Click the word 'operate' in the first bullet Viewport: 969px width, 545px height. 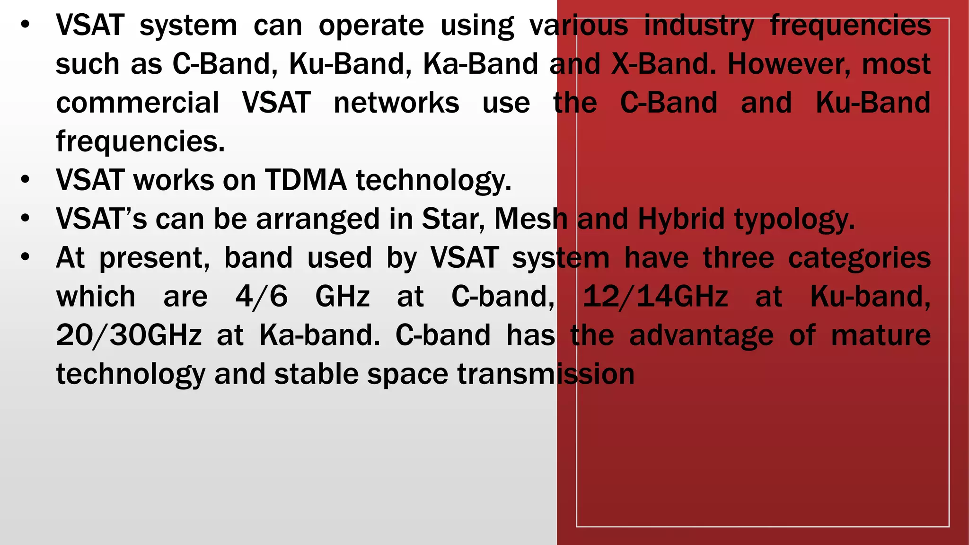click(x=371, y=26)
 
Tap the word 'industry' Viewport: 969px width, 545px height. click(x=699, y=26)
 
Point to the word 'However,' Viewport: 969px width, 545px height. click(x=789, y=64)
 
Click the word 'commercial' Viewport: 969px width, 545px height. click(x=138, y=103)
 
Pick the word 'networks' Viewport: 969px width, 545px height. click(x=396, y=103)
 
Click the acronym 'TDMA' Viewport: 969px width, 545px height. click(x=306, y=181)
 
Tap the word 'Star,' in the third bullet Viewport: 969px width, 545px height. click(x=453, y=220)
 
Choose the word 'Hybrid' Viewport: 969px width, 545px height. click(x=681, y=220)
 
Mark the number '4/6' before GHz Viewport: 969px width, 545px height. click(x=261, y=297)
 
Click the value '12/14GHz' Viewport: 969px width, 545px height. click(x=655, y=297)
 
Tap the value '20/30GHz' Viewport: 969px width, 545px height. click(x=129, y=336)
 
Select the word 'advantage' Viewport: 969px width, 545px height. click(x=701, y=336)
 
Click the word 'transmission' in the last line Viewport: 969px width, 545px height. click(x=546, y=375)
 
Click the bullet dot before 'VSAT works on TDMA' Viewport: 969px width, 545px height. click(x=26, y=180)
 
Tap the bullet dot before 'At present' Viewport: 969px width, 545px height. click(x=26, y=258)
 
